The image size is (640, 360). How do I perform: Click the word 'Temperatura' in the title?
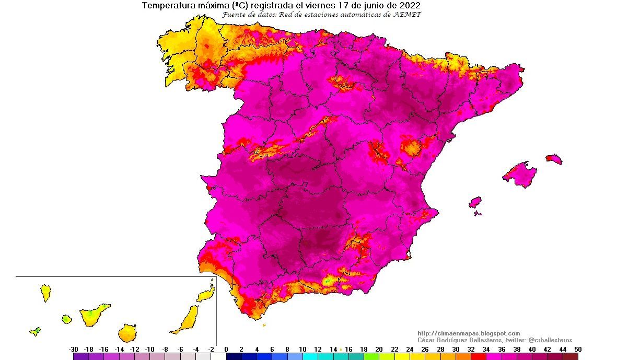click(166, 6)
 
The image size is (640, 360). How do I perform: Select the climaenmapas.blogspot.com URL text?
click(469, 333)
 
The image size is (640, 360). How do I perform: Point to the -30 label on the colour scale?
click(74, 349)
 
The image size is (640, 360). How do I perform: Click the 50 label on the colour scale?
click(577, 349)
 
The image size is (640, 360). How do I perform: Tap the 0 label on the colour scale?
click(226, 349)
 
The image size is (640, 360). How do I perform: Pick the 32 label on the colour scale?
click(471, 349)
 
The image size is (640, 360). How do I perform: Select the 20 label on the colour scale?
click(379, 349)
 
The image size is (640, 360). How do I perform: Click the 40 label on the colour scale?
click(532, 349)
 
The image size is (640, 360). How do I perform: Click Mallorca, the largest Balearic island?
click(520, 175)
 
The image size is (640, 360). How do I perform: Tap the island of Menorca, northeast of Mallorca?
click(554, 159)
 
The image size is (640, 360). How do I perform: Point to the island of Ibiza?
click(475, 202)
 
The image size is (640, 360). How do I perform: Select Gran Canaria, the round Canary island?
click(127, 332)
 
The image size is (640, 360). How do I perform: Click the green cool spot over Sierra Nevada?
click(328, 281)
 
